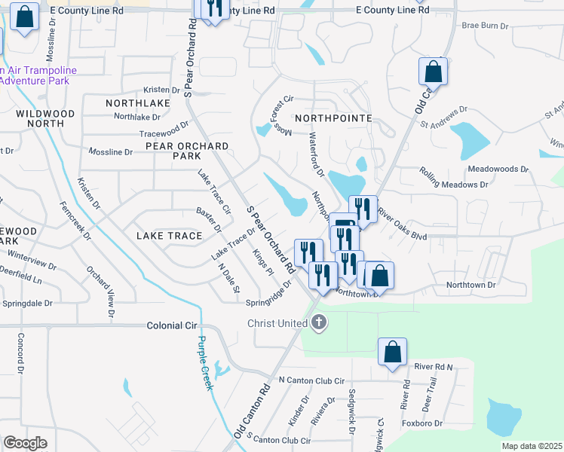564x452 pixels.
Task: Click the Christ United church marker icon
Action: (x=319, y=323)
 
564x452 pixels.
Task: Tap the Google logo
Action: (x=25, y=443)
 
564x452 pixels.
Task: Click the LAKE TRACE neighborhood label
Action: (x=170, y=236)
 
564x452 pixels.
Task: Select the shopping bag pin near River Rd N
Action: (x=392, y=352)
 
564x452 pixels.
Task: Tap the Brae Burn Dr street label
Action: (x=485, y=25)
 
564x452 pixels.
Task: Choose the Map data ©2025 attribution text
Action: (x=530, y=446)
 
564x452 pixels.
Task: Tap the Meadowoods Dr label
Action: (x=498, y=169)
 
